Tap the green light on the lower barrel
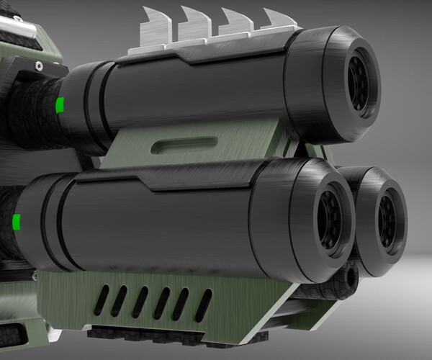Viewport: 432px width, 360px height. [x=16, y=220]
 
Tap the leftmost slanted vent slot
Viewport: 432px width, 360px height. [x=104, y=297]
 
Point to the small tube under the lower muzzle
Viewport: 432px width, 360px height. [x=350, y=276]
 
